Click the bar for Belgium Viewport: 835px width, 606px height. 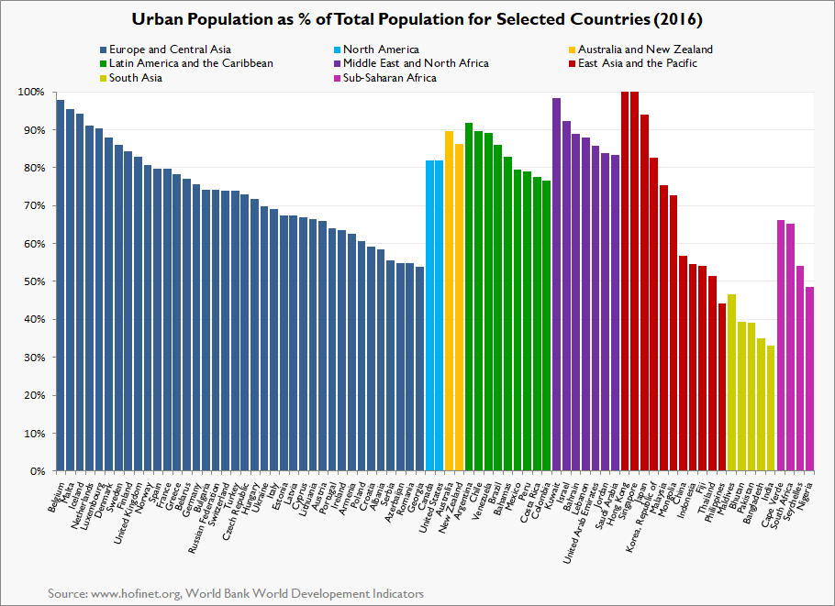[61, 285]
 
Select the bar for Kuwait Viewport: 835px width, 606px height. [557, 284]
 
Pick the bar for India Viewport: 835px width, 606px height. [771, 408]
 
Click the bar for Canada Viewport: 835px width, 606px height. [429, 315]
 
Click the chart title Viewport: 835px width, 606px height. [417, 18]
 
